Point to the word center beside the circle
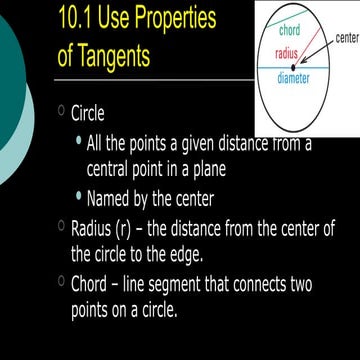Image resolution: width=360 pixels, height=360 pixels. pos(347,37)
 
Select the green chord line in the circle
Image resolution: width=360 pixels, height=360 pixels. pos(300,40)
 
